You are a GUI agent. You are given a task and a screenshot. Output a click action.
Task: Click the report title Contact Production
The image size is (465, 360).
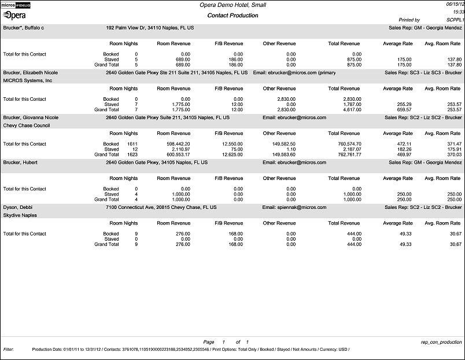(233, 15)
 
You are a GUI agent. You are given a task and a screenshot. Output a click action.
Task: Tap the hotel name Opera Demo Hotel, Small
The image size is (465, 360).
(233, 5)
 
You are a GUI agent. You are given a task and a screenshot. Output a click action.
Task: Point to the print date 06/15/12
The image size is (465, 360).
(455, 3)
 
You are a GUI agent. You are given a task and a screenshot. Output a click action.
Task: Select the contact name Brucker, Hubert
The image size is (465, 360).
(21, 163)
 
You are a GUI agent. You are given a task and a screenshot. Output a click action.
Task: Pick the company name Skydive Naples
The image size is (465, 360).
(20, 215)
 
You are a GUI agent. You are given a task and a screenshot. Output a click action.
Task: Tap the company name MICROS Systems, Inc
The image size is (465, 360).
(28, 80)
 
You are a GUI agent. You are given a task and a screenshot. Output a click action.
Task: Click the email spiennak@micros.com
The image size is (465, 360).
(294, 207)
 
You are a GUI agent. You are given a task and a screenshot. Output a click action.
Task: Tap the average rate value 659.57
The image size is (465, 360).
(404, 109)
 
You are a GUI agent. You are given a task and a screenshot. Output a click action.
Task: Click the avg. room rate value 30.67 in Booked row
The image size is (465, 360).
(454, 234)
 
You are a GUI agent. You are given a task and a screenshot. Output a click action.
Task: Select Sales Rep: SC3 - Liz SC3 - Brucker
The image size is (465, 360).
(423, 73)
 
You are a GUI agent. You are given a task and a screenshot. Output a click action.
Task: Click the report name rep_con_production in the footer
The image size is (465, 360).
(442, 342)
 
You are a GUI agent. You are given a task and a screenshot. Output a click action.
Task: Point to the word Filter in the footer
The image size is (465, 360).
(8, 350)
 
